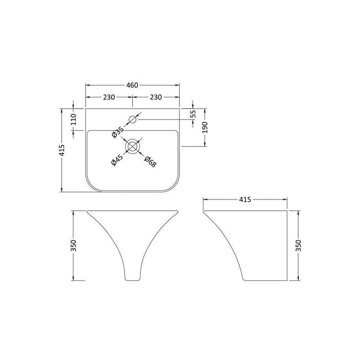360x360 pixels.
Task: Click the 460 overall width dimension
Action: pyautogui.click(x=132, y=85)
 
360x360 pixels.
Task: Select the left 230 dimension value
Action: pyautogui.click(x=109, y=97)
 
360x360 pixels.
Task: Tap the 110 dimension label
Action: pyautogui.click(x=74, y=120)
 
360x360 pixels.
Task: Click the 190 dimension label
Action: pyautogui.click(x=205, y=128)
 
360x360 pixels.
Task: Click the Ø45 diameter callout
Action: pyautogui.click(x=116, y=160)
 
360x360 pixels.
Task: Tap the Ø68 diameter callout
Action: pyautogui.click(x=150, y=160)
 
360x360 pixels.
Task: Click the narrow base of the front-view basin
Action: pyautogui.click(x=132, y=279)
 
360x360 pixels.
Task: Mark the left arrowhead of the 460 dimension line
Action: pyautogui.click(x=87, y=85)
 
